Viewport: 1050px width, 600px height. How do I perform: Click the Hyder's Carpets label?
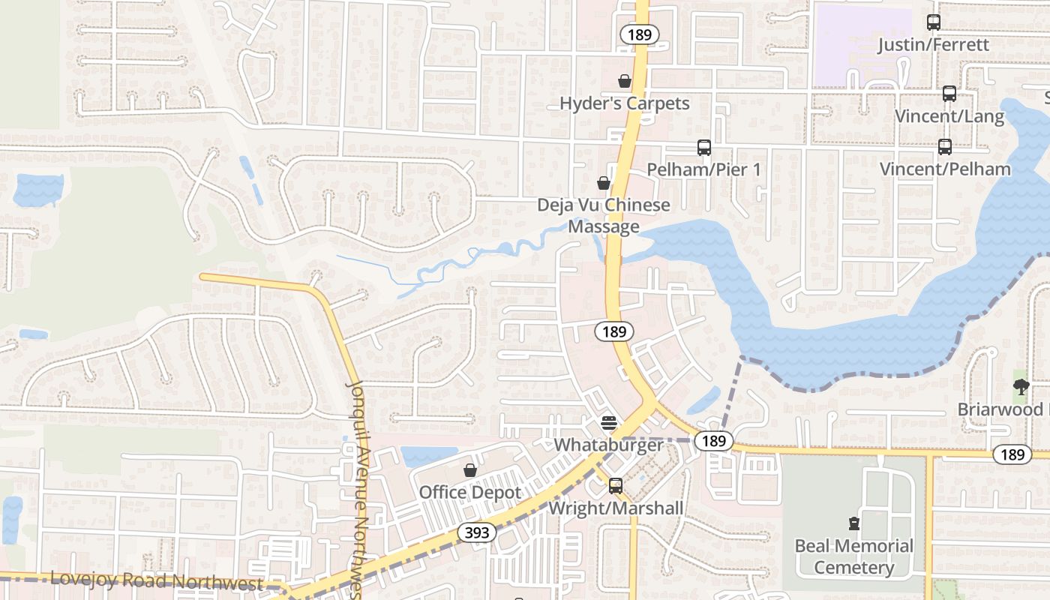(x=624, y=103)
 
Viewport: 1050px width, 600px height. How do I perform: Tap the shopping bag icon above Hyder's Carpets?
(x=624, y=81)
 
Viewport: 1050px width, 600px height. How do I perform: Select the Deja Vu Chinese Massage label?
(x=604, y=215)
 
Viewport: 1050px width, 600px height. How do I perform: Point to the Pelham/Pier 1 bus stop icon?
(x=703, y=148)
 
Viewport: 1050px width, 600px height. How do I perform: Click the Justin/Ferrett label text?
(x=934, y=45)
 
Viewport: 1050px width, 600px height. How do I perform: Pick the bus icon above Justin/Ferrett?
(x=933, y=22)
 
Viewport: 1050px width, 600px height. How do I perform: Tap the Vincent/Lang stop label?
(x=949, y=116)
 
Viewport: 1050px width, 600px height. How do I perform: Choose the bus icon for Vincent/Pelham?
(x=944, y=147)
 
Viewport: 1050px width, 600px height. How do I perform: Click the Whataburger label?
(x=608, y=445)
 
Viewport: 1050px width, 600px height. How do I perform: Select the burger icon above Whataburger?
(x=608, y=423)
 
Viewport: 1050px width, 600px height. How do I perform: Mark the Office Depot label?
(x=469, y=493)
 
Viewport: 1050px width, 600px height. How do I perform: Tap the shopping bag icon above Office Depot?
(x=469, y=470)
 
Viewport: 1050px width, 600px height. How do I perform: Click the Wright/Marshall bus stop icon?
(x=615, y=486)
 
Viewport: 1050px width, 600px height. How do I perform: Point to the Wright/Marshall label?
(x=616, y=508)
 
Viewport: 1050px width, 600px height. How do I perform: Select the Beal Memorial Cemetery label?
(x=853, y=556)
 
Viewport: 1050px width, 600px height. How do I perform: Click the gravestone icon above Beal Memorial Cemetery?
(x=853, y=523)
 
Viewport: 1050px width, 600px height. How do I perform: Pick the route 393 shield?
(x=476, y=533)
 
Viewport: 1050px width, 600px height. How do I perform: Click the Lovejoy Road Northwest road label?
(x=157, y=582)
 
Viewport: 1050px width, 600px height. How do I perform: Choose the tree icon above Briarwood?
(x=1020, y=387)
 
